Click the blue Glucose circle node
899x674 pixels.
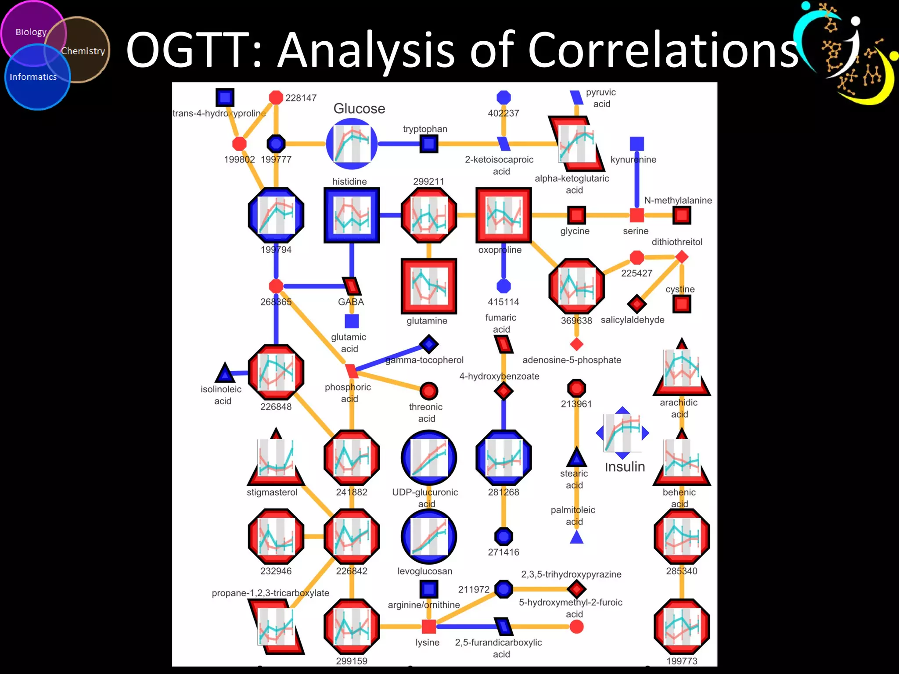point(352,144)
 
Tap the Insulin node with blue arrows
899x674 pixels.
point(622,433)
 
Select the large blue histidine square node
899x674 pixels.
point(352,215)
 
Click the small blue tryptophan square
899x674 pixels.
point(429,143)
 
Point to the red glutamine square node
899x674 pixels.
point(429,286)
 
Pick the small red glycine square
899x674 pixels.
point(576,215)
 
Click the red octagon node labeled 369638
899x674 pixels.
point(576,286)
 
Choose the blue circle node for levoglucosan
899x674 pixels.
point(429,536)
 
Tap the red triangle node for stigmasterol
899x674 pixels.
point(276,459)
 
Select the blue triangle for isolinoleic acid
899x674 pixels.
point(225,373)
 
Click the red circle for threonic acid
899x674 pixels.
point(429,391)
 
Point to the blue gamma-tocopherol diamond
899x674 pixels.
point(429,344)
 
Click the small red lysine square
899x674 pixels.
point(429,627)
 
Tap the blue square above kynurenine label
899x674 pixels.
point(636,143)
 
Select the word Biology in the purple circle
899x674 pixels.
point(31,32)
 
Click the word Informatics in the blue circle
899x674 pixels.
point(33,77)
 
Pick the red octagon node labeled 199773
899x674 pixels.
point(681,627)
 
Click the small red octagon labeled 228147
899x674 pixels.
point(276,97)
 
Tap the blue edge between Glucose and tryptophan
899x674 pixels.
point(399,143)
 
